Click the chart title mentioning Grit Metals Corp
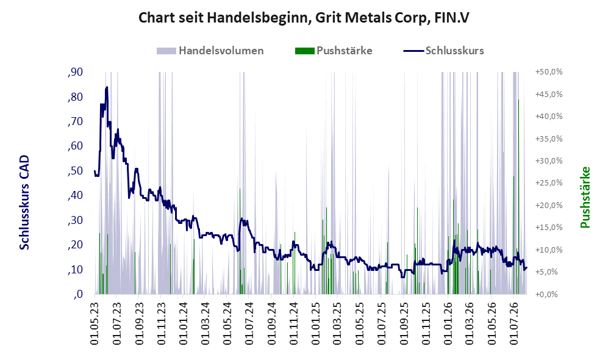tap(304, 18)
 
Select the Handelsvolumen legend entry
tap(210, 51)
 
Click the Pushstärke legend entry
tap(334, 51)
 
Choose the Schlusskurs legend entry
tap(443, 51)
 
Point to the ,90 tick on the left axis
tap(75, 72)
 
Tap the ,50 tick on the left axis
tap(75, 171)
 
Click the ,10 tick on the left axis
tap(75, 270)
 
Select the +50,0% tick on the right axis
tap(549, 72)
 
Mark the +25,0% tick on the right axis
tap(549, 183)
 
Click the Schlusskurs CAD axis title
tap(24, 202)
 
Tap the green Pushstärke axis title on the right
tap(585, 197)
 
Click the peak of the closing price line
tap(107, 87)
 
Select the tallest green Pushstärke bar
tap(518, 196)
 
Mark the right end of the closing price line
tap(526, 268)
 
